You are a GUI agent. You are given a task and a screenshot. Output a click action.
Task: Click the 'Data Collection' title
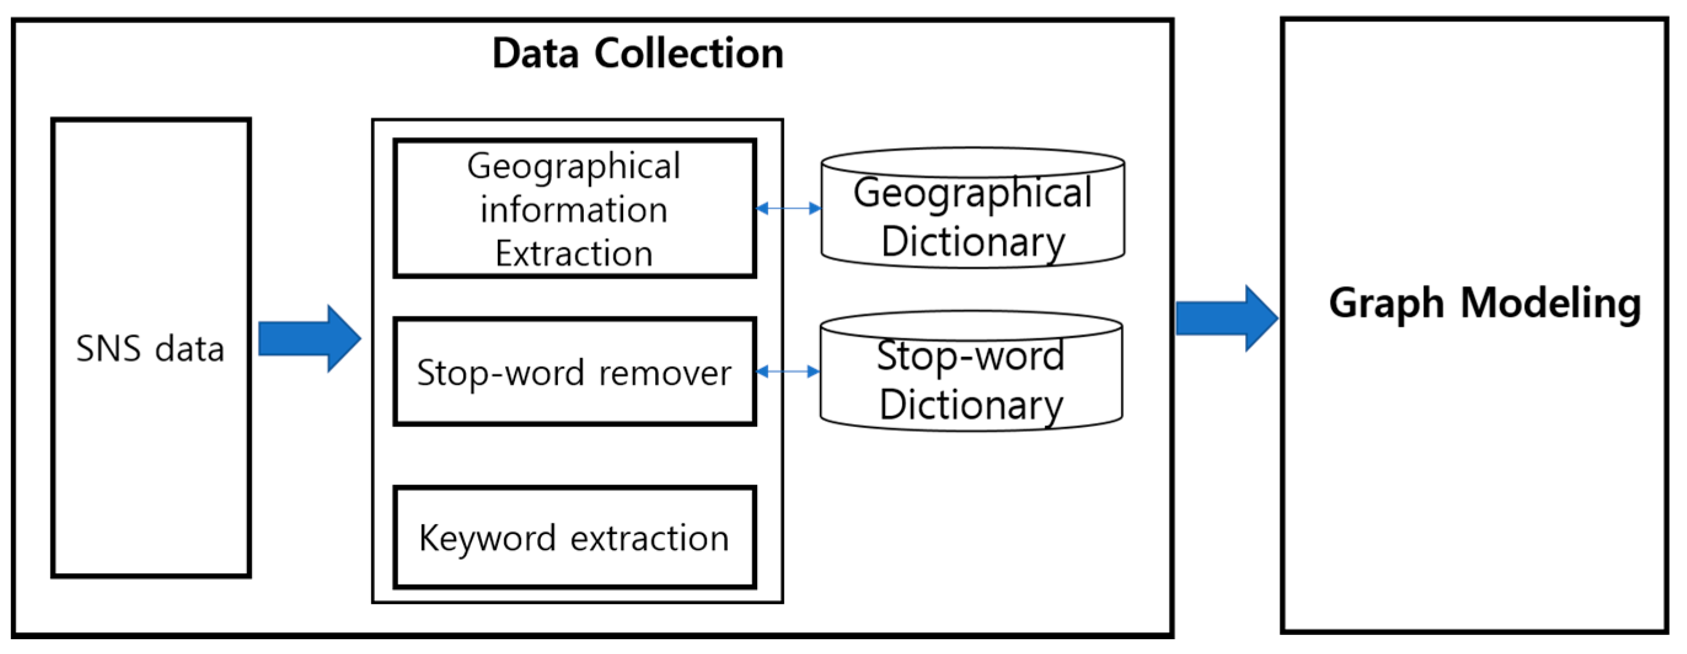point(637,53)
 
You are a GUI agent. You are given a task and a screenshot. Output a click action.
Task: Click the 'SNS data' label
point(150,348)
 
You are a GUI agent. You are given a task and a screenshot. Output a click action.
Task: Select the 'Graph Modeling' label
point(1485,303)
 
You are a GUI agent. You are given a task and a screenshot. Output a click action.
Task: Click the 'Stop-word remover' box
point(575,372)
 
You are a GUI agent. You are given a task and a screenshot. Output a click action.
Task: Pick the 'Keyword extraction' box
point(575,537)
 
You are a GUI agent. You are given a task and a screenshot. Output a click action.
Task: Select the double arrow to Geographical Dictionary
point(788,209)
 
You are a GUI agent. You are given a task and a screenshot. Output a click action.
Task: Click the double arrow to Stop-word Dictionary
point(787,372)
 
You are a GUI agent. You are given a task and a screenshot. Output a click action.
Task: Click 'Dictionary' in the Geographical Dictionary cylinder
point(972,242)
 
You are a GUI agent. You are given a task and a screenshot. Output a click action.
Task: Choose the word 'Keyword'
point(487,539)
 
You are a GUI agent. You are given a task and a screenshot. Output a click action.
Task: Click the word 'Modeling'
point(1551,303)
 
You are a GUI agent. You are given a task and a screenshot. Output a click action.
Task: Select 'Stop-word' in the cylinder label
point(970,356)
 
